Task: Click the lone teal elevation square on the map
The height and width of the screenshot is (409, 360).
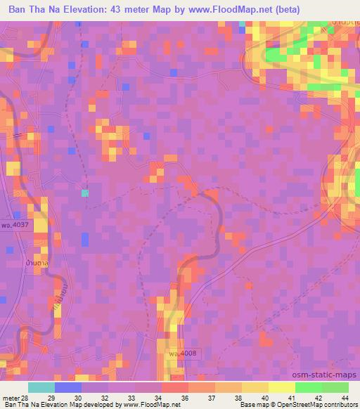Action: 85,192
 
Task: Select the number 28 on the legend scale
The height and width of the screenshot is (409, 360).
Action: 27,399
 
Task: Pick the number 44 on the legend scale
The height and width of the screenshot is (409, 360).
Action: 345,399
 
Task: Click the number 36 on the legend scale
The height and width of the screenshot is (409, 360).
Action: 186,399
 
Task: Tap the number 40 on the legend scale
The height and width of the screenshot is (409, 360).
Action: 265,399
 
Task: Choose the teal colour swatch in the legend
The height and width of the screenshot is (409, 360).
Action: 41,387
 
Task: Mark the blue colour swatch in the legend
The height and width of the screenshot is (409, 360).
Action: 68,387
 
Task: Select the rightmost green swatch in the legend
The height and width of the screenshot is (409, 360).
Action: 335,387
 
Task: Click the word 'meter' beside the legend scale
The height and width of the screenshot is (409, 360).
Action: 11,399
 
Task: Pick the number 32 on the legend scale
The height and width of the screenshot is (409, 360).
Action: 106,399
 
